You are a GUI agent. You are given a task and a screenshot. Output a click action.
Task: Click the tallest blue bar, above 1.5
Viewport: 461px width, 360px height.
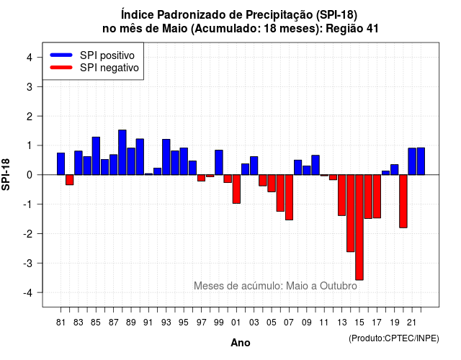[122, 152]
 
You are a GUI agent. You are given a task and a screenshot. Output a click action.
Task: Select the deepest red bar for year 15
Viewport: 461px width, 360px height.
[359, 228]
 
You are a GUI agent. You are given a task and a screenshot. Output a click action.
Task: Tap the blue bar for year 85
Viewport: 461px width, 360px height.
[96, 156]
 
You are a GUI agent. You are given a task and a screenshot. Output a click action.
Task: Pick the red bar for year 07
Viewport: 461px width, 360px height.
[289, 197]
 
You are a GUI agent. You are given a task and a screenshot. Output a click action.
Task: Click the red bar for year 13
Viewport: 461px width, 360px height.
[341, 195]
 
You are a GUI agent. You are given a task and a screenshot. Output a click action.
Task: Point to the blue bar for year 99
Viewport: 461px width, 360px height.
[219, 163]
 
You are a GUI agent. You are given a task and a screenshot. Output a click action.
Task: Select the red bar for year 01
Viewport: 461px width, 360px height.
[236, 189]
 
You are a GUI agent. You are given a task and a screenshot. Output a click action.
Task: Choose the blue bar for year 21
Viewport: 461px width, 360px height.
[412, 161]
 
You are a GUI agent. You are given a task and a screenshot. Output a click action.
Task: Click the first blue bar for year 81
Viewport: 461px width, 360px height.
[61, 163]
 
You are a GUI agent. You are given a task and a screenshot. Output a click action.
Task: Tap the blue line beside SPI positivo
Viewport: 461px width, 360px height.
[61, 55]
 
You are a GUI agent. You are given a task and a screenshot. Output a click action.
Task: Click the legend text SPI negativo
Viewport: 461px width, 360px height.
[109, 68]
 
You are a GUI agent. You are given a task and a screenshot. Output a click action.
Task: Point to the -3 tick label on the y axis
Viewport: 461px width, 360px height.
[30, 263]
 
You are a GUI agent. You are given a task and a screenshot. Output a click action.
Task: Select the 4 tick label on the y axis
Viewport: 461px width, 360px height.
[30, 58]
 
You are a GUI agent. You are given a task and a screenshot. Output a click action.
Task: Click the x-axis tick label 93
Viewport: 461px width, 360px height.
[166, 323]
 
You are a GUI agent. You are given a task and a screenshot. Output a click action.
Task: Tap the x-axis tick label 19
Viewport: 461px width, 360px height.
[395, 323]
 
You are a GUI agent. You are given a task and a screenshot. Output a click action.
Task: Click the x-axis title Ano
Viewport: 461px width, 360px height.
[241, 343]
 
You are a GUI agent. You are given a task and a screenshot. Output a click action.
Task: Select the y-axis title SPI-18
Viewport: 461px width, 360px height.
[6, 174]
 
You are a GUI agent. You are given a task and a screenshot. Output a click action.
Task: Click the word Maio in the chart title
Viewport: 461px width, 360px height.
[174, 29]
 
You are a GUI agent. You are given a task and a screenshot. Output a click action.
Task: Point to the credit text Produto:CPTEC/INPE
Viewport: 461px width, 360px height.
[394, 338]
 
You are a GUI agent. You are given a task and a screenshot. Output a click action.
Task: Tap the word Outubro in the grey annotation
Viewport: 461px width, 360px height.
[339, 286]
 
